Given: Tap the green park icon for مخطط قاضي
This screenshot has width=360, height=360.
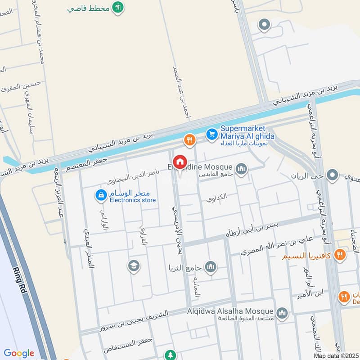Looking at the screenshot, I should (x=117, y=8).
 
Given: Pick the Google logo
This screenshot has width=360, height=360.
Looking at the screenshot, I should (x=19, y=353).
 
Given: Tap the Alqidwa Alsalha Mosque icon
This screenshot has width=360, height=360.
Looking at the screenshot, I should (x=282, y=312).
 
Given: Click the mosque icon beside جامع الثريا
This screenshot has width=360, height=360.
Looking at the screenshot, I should (x=210, y=268).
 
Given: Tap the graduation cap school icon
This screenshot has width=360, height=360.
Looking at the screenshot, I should (x=133, y=266).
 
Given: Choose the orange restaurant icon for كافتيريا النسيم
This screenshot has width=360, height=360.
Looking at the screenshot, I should (x=340, y=255).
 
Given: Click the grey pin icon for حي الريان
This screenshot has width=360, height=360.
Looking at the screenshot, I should (x=332, y=175).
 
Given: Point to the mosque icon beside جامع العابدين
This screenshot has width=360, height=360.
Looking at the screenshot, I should (x=242, y=169).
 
